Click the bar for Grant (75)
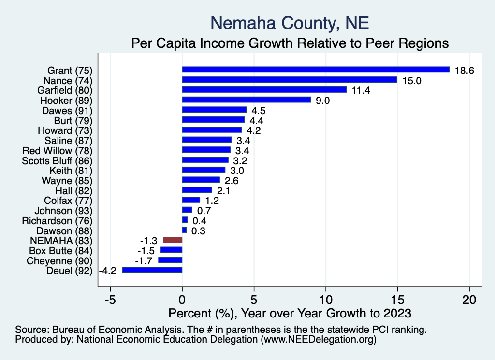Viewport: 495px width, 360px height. (316, 70)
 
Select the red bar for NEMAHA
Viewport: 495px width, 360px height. (173, 240)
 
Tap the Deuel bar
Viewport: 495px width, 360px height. (152, 270)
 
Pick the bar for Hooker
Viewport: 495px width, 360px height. (247, 100)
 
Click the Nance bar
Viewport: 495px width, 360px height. (290, 80)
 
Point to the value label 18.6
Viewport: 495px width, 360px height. (465, 70)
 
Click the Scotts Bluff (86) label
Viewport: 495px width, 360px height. (57, 160)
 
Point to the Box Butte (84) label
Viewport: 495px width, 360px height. (60, 250)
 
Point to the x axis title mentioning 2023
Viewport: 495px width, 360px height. (289, 313)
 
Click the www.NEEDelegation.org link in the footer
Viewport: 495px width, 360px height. (318, 340)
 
